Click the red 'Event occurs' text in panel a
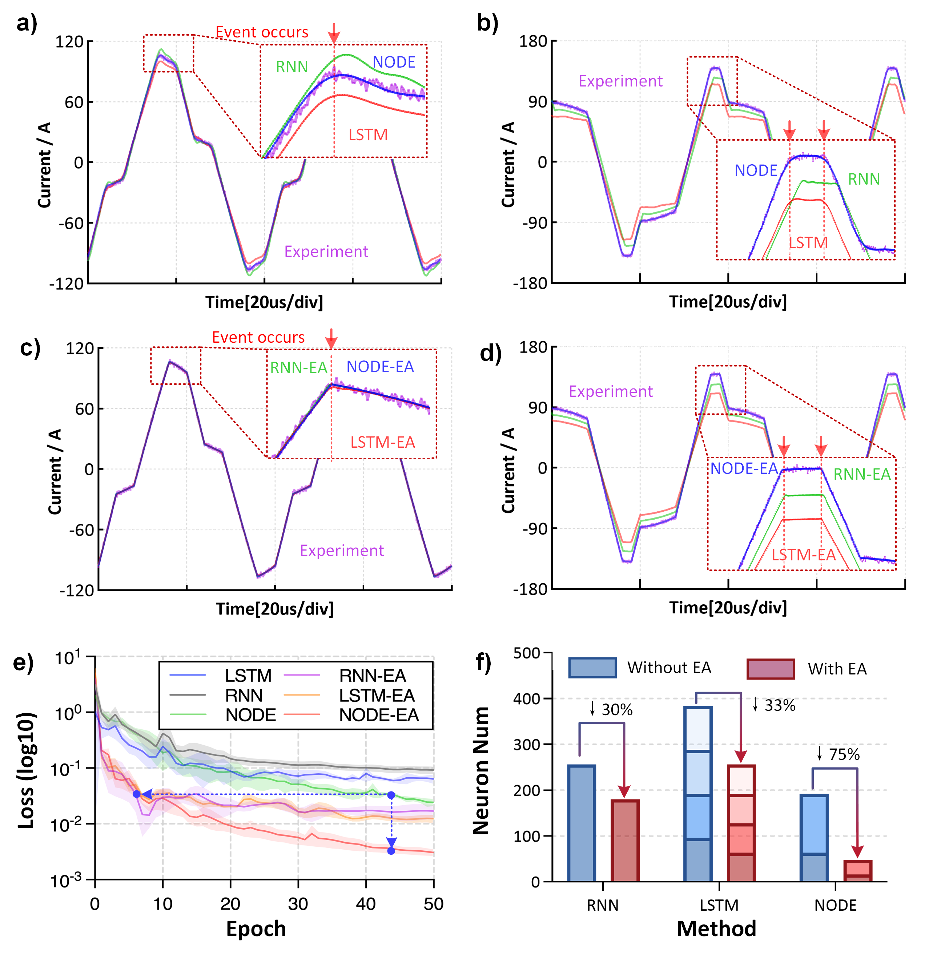[x=262, y=32]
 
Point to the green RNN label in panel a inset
[x=292, y=67]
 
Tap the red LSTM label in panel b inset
[x=808, y=243]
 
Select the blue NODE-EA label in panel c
[x=380, y=367]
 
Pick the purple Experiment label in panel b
[x=620, y=81]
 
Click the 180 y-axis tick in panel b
[x=532, y=41]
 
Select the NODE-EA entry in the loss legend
[x=379, y=715]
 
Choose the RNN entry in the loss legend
[x=244, y=696]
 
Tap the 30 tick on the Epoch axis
[x=298, y=904]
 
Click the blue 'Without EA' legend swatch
[x=592, y=668]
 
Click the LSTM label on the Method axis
[x=719, y=905]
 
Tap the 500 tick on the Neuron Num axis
[x=527, y=653]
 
